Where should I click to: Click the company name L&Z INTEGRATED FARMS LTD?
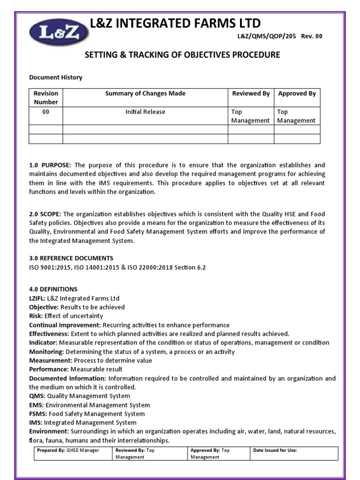pos(175,23)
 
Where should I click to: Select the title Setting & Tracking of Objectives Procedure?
pos(182,55)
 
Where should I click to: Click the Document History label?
pos(56,77)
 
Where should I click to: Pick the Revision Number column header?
pos(46,97)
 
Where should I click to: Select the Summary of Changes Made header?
pos(145,93)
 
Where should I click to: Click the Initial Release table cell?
pos(145,112)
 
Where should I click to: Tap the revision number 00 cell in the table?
pos(46,112)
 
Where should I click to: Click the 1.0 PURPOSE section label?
pos(50,165)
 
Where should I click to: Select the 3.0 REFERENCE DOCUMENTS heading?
pos(71,258)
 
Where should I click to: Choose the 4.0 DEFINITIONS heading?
pos(53,289)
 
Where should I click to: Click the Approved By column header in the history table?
pos(297,93)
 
